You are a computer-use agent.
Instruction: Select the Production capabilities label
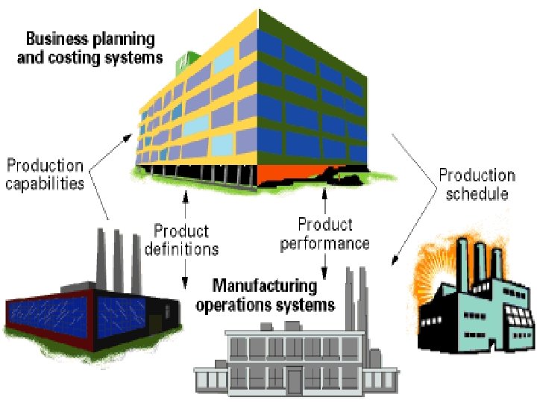click(45, 174)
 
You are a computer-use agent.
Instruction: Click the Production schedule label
click(477, 184)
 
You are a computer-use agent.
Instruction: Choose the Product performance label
click(325, 234)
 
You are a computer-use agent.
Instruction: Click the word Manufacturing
click(264, 286)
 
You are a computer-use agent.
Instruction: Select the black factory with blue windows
click(89, 306)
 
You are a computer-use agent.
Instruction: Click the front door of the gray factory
click(295, 381)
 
